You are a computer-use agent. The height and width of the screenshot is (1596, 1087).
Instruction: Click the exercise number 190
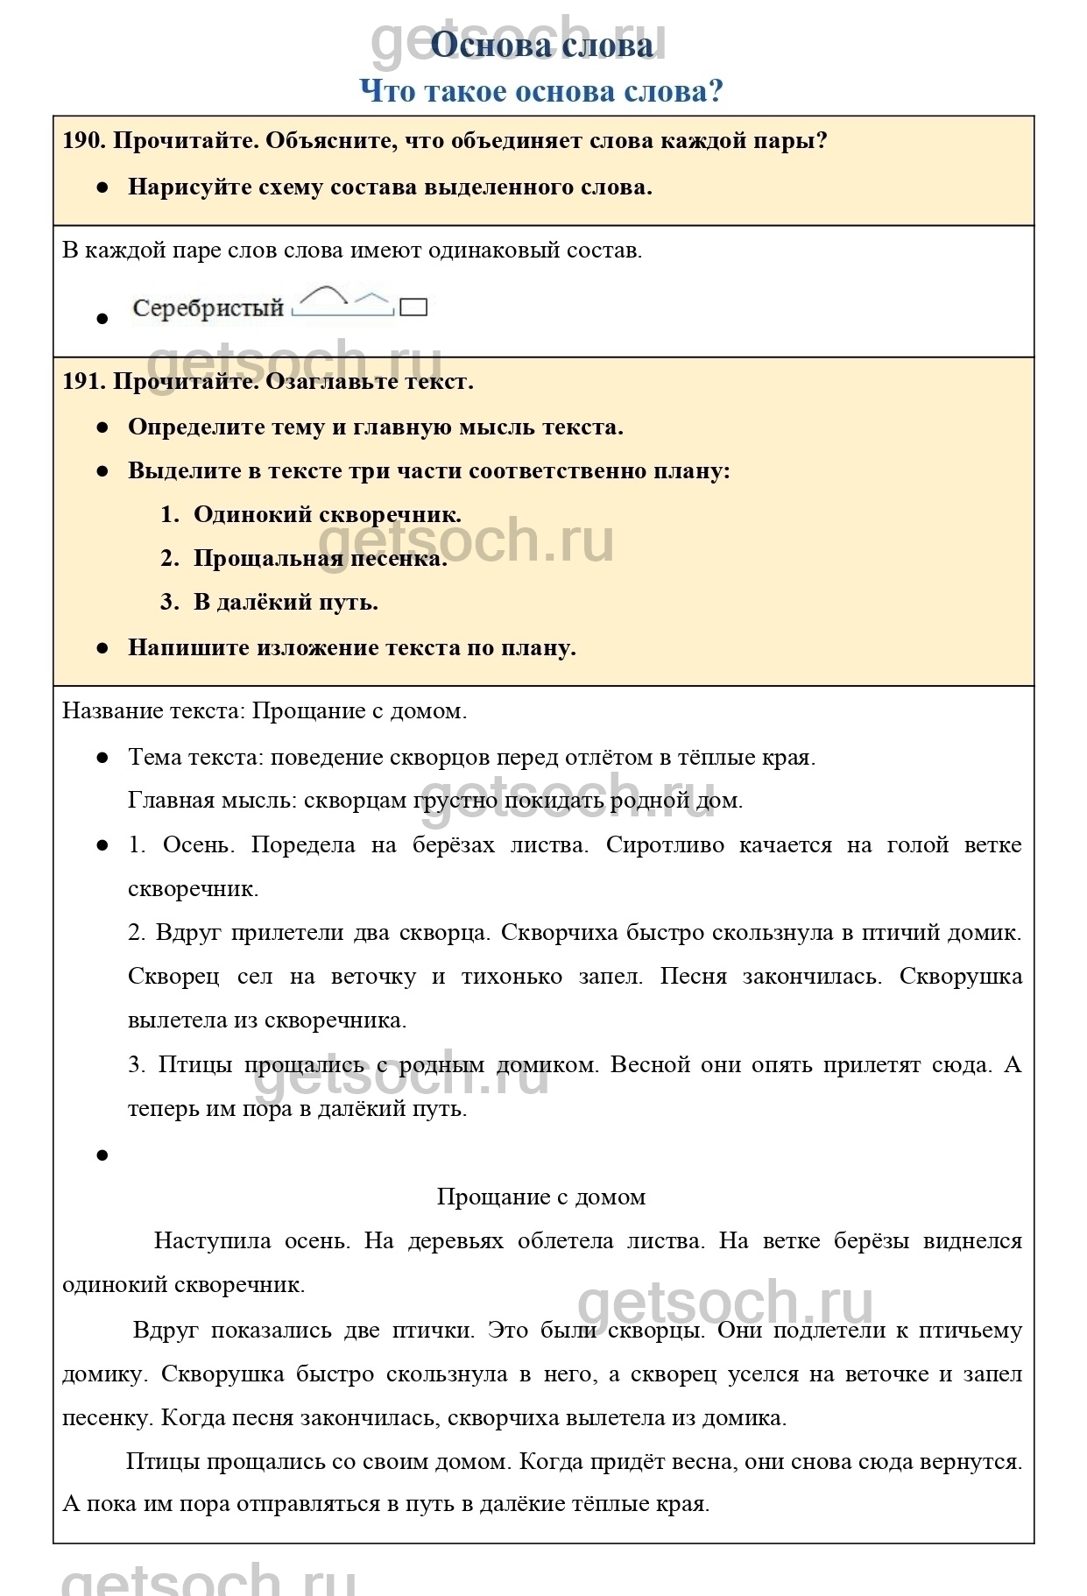pos(83,141)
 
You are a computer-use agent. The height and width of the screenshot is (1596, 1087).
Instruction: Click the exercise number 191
pos(83,382)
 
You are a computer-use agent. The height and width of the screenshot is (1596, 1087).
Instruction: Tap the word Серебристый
pos(208,308)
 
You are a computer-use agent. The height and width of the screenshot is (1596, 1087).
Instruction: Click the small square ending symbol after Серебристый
pos(413,307)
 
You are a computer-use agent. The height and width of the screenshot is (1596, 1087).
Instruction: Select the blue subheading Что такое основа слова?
pos(541,91)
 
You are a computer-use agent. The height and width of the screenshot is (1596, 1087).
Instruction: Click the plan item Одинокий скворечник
pos(327,515)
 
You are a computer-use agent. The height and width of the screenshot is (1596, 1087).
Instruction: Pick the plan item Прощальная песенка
pos(320,559)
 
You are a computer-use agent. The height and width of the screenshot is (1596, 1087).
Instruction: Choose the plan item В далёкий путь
pos(286,603)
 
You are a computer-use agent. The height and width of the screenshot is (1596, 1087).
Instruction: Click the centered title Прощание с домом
pos(541,1197)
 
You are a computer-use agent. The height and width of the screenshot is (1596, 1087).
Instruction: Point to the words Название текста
pos(153,711)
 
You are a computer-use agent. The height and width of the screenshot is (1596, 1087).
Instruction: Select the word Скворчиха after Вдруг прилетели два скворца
pos(560,933)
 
